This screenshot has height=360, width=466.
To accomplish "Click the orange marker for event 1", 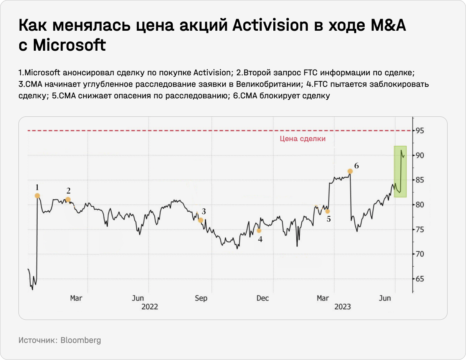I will (37, 196).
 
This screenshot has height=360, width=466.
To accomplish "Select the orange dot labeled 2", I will (68, 199).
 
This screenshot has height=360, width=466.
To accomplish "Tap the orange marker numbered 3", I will (200, 220).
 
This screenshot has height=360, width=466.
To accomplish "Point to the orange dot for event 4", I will (259, 231).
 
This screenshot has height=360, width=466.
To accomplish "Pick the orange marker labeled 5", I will (327, 211).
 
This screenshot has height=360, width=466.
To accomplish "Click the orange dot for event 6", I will (350, 171).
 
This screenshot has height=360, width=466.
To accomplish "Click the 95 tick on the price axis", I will (420, 131).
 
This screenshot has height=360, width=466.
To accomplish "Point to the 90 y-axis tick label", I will (420, 156).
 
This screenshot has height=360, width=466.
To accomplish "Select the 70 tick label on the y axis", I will (420, 254).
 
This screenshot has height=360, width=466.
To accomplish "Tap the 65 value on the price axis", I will (420, 279).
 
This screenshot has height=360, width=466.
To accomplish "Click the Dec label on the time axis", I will (263, 299).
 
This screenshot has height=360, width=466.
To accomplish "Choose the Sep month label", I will (201, 299).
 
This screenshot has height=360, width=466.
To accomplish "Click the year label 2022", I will (150, 307).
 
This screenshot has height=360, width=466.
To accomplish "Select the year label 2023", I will (342, 307).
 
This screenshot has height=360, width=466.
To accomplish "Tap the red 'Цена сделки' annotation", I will (302, 139).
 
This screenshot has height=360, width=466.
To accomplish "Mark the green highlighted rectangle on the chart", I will (400, 171).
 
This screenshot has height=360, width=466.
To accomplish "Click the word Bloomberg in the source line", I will (81, 340).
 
